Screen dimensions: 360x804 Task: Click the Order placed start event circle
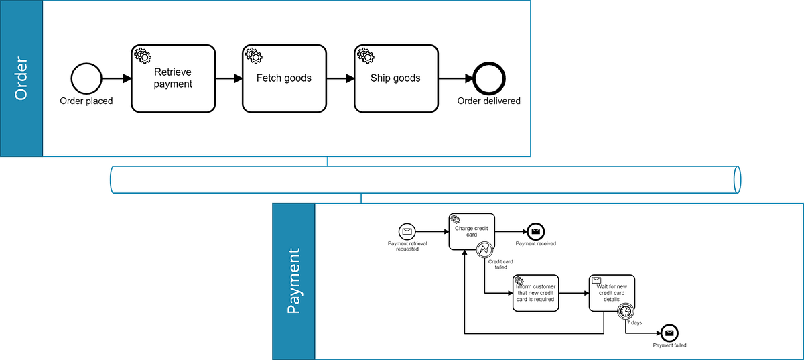point(86,78)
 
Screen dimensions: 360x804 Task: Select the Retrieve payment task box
point(173,78)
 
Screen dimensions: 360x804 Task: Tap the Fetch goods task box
point(284,78)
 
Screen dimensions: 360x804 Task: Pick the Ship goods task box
point(395,78)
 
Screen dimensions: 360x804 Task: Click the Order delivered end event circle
point(488,78)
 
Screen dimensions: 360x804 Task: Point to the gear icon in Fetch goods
point(253,54)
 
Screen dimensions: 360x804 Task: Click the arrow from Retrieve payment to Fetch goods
point(228,78)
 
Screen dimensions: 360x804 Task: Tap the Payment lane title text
point(293,282)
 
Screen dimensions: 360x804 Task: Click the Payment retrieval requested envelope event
point(407,232)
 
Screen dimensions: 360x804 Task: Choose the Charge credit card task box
point(472,232)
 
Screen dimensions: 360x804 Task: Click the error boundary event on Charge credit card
point(485,250)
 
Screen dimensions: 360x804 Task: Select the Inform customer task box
point(535,294)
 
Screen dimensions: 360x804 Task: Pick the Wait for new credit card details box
point(611,292)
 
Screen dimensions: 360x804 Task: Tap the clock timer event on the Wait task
point(625,311)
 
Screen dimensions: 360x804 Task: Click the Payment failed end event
point(669,333)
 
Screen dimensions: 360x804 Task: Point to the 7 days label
point(634,323)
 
